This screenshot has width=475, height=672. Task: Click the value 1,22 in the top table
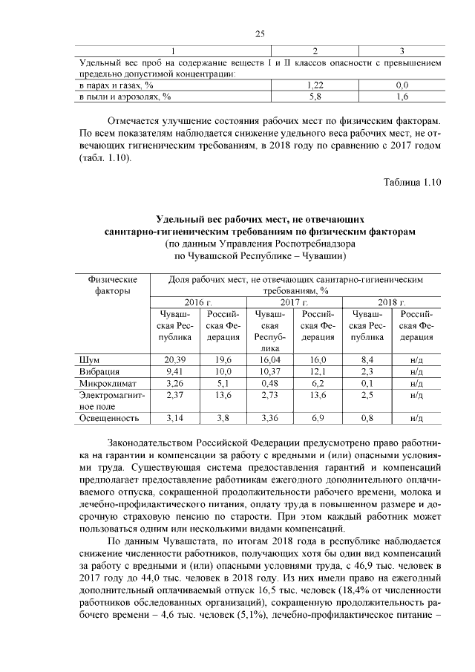click(x=315, y=85)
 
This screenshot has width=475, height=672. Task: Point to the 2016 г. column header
click(x=198, y=303)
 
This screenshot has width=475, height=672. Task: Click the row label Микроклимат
click(x=105, y=383)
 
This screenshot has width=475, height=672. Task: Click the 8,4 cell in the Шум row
click(x=366, y=359)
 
